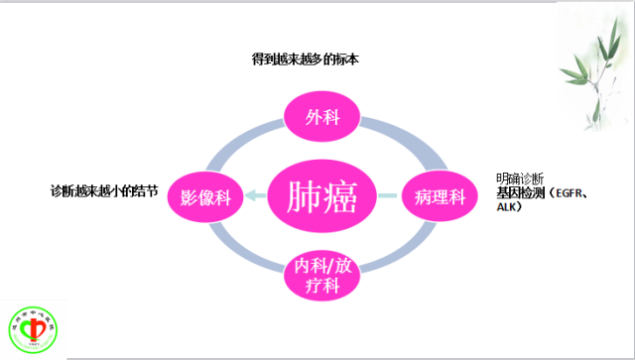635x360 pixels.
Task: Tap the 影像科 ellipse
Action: click(x=205, y=196)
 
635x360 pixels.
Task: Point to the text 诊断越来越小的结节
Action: click(x=103, y=189)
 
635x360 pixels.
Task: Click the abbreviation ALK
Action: click(x=508, y=207)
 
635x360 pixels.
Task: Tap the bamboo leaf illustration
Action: click(x=594, y=60)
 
